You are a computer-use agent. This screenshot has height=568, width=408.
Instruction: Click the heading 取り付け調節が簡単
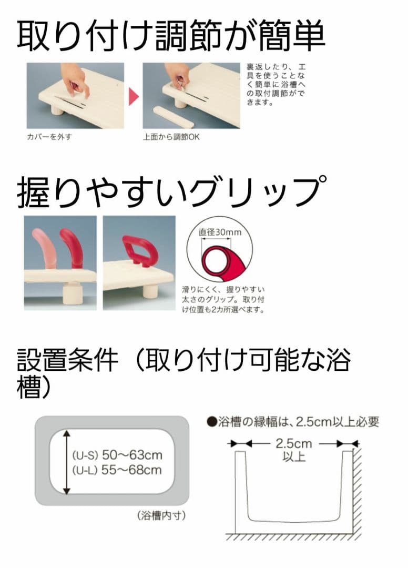171,35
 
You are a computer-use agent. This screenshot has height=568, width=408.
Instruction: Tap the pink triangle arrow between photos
133,96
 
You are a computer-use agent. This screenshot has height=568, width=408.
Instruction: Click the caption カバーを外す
49,137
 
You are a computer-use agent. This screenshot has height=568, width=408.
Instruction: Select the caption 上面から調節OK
171,137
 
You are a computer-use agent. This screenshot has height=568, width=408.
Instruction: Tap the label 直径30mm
220,232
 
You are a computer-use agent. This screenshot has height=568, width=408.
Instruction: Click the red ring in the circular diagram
217,261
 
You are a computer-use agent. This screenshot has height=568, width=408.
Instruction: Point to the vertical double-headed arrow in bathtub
67,462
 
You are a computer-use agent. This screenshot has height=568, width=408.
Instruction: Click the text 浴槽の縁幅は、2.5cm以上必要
292,422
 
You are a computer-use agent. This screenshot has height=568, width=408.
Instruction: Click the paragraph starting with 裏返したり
276,85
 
